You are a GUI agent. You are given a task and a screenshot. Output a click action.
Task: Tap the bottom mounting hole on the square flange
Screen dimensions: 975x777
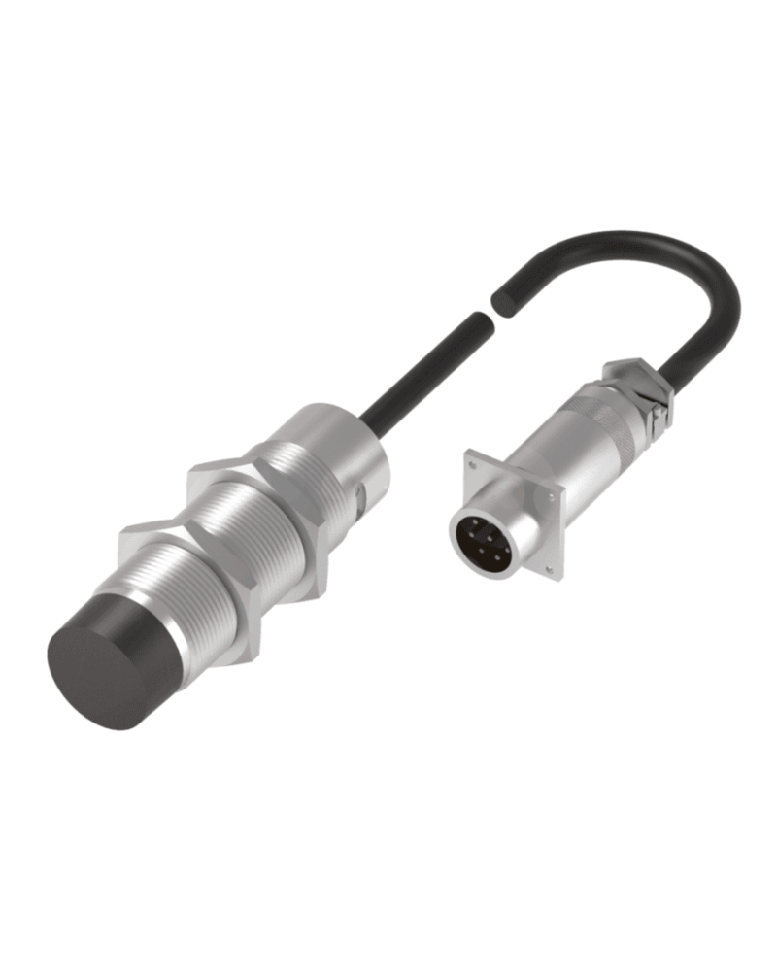pos(548,568)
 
